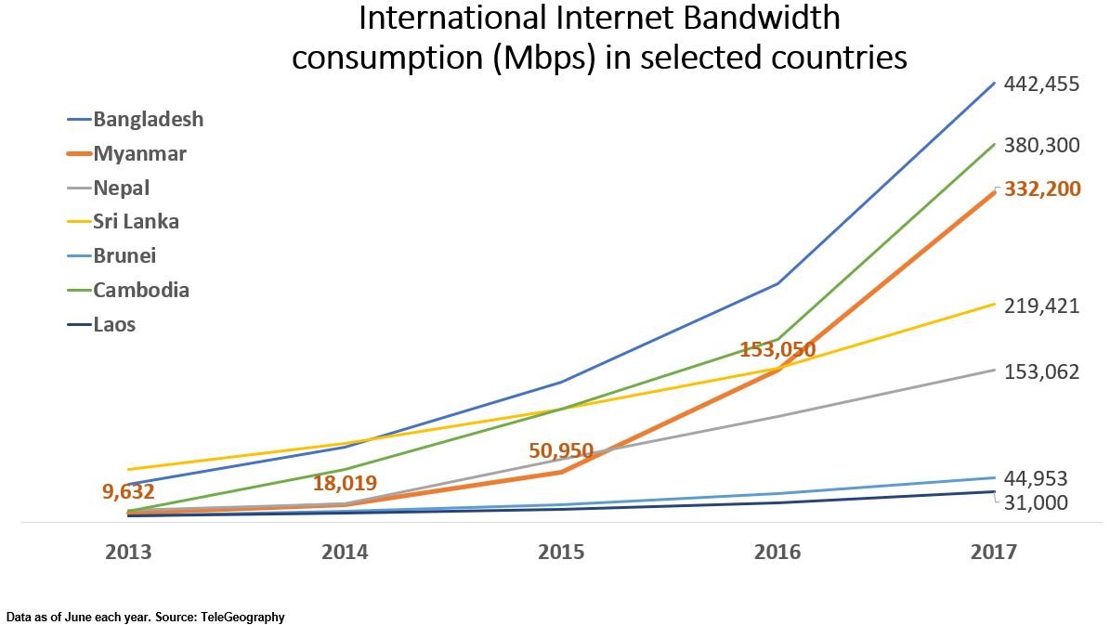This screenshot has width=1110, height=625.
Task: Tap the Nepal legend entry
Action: [x=122, y=189]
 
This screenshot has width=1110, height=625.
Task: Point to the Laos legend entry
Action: [x=114, y=325]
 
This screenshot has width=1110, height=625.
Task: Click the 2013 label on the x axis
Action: [x=128, y=553]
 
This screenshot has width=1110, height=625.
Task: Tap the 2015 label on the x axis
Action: [x=561, y=553]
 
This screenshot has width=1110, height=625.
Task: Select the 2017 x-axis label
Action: [x=994, y=553]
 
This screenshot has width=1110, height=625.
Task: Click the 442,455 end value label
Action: [x=1041, y=85]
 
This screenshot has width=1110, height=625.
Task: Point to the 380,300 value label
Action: [x=1041, y=145]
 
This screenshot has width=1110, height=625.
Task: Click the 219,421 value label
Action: [x=1041, y=306]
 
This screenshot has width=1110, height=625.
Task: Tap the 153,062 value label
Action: [x=1041, y=371]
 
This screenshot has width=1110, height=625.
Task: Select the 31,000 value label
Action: [x=1036, y=502]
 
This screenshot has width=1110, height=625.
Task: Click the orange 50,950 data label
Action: [x=561, y=451]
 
